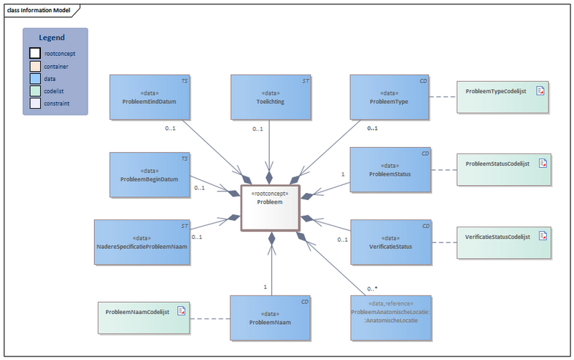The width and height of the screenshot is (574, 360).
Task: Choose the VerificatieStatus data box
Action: pos(390,242)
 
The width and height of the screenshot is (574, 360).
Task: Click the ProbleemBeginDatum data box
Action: pos(149,174)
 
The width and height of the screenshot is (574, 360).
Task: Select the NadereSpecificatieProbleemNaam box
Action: pos(141,242)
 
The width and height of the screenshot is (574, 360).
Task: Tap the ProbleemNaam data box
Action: pos(270,317)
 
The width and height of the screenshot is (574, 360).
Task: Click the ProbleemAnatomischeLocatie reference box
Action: pos(390,317)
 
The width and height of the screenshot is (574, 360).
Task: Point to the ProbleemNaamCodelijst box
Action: pos(144,316)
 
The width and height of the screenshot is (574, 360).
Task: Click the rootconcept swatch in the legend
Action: pos(35,53)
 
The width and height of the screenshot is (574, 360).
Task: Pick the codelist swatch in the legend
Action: pos(35,91)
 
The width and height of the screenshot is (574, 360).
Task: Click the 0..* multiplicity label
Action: pos(372,288)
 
